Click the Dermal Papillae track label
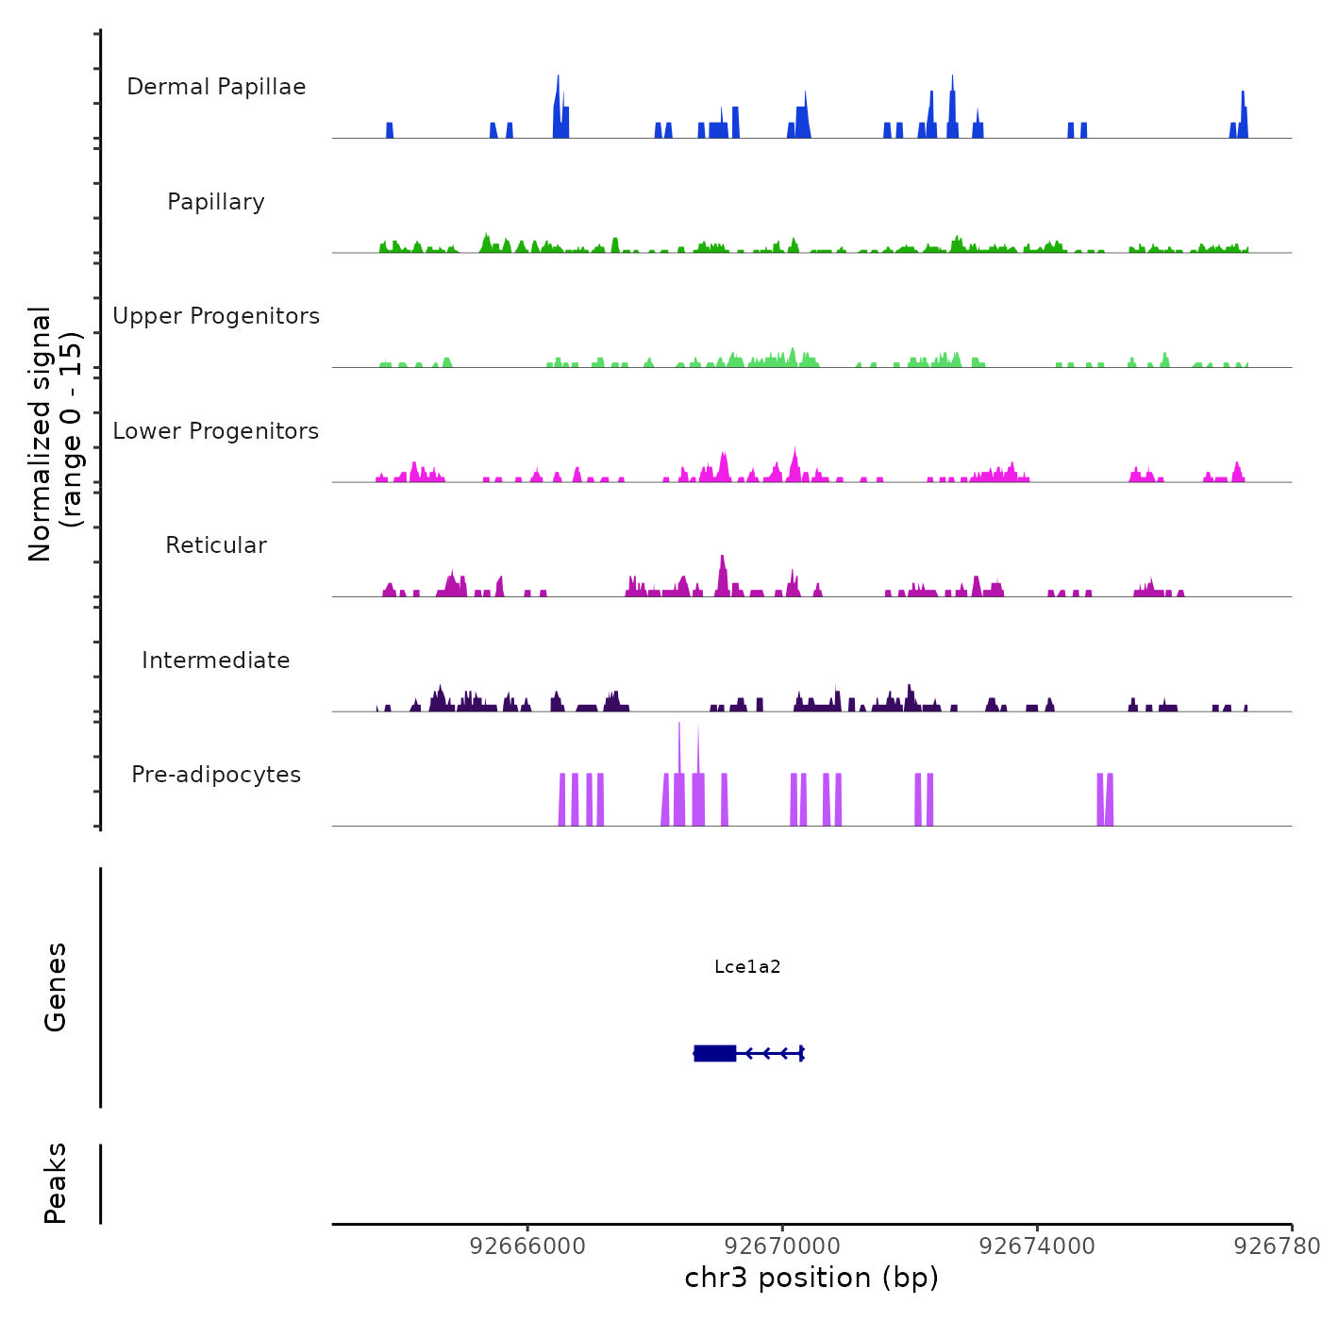coord(216,87)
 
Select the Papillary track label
coord(216,202)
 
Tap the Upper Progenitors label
coord(216,316)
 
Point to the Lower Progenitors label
coord(216,431)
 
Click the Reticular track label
coord(216,545)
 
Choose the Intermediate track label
coord(216,660)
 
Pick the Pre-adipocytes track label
coord(216,775)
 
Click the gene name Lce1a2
coord(747,966)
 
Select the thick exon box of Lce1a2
coord(714,1053)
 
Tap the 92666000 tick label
coord(527,1246)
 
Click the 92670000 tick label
coord(783,1246)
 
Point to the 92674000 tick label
coord(1038,1246)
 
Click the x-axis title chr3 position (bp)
coord(811,1279)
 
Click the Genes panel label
coord(56,987)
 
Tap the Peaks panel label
coord(56,1183)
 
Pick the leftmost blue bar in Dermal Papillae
coord(390,130)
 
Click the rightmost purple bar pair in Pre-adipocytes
coord(1105,799)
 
